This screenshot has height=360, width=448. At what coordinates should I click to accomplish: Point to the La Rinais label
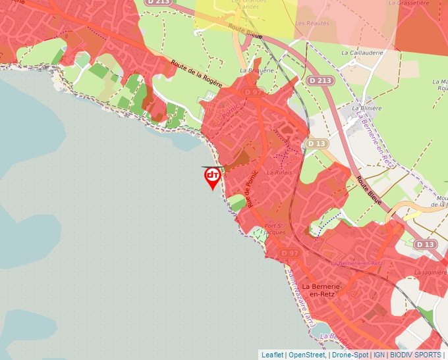tap(279, 172)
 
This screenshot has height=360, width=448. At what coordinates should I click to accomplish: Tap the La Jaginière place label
tap(432, 270)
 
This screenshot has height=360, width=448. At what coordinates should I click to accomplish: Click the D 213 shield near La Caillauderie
tap(320, 80)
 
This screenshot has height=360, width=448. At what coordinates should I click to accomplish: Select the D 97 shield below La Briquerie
tap(254, 93)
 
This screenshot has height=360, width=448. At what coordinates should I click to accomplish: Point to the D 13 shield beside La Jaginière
tap(426, 244)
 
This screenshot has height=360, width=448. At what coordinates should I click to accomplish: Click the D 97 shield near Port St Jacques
tap(290, 253)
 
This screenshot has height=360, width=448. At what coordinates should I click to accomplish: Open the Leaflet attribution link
tap(272, 355)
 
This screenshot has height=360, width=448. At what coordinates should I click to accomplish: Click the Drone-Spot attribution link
tap(350, 355)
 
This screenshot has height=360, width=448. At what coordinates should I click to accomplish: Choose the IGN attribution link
tap(379, 355)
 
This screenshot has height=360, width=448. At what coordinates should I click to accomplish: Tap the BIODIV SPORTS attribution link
tap(416, 355)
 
